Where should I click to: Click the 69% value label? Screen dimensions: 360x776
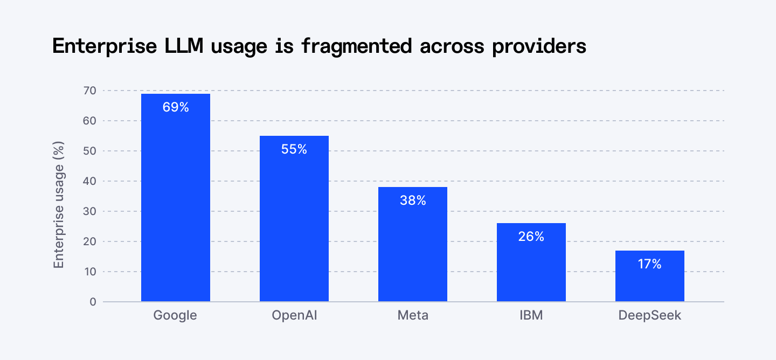[176, 107]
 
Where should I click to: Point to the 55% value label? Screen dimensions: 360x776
[294, 149]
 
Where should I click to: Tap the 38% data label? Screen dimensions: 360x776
[413, 200]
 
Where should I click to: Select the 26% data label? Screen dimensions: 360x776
[531, 237]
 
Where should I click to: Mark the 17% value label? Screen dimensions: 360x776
[650, 264]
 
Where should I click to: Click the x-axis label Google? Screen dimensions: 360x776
[176, 315]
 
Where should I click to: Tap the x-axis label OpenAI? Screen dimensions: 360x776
[294, 315]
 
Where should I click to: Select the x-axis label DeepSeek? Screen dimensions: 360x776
[650, 315]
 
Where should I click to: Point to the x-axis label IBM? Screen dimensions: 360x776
[531, 315]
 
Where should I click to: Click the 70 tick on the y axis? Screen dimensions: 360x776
[89, 91]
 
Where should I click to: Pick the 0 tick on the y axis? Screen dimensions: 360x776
[93, 302]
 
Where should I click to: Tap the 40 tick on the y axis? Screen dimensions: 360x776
[89, 181]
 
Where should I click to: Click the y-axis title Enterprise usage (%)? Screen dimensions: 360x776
[59, 205]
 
